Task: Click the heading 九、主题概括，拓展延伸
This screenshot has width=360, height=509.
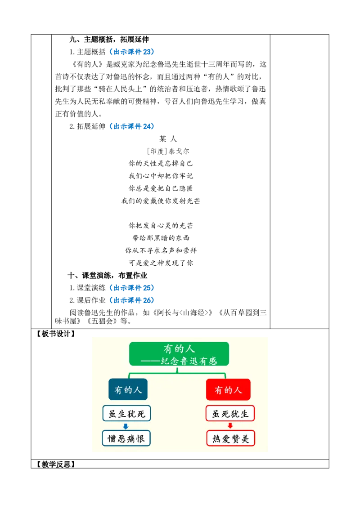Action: (x=109, y=40)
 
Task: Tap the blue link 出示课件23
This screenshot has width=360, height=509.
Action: (x=131, y=52)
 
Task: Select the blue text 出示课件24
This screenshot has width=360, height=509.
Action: (x=131, y=126)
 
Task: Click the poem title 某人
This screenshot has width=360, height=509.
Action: (x=168, y=139)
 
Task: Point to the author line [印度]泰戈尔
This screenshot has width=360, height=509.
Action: (x=168, y=151)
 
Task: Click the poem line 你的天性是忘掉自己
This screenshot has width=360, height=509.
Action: (x=161, y=163)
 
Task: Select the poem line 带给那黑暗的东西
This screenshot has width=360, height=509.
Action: (x=161, y=238)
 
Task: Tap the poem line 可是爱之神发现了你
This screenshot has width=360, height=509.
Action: (x=161, y=263)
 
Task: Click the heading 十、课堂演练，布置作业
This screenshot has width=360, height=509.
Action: (x=108, y=276)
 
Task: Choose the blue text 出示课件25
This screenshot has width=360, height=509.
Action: (x=131, y=288)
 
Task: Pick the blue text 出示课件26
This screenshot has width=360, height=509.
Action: (x=131, y=300)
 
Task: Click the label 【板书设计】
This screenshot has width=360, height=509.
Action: (x=55, y=334)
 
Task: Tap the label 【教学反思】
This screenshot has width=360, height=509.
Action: (x=55, y=464)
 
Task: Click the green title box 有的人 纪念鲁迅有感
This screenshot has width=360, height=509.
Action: (x=179, y=354)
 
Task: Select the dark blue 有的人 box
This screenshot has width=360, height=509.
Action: (x=128, y=389)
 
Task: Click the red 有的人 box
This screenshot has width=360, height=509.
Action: (x=229, y=389)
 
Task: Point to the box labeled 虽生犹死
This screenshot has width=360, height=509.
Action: (x=127, y=413)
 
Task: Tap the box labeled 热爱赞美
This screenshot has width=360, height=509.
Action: (x=231, y=438)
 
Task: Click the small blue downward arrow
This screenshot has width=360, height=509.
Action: (x=126, y=426)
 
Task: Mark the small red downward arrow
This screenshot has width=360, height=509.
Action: (x=230, y=425)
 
